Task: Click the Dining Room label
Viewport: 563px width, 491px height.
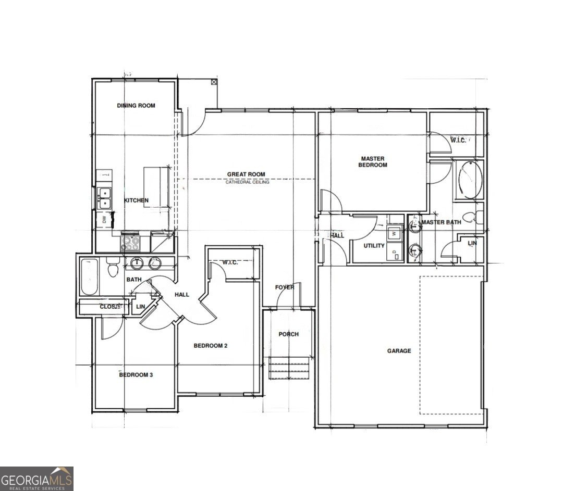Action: tap(136, 106)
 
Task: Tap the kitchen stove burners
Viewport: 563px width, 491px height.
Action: tap(130, 243)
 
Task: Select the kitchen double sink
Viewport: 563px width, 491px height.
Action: tap(105, 198)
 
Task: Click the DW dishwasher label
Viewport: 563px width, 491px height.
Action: tap(104, 220)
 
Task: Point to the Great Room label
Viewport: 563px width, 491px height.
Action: tap(246, 174)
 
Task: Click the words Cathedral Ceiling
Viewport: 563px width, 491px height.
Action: tap(247, 182)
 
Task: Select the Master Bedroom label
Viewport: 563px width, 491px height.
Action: tap(373, 161)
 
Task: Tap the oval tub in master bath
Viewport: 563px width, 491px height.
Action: tap(470, 180)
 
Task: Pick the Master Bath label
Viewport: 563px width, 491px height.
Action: tap(441, 222)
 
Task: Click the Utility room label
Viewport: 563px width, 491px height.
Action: tap(374, 246)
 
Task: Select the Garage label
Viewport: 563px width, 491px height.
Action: tap(399, 351)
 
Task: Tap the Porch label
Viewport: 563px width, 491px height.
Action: tap(288, 334)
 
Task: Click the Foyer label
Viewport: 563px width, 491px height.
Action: tap(285, 287)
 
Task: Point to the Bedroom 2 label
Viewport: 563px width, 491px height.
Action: tap(211, 346)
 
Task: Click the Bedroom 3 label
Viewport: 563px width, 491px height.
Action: tap(136, 375)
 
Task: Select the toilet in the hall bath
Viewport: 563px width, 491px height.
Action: tap(112, 269)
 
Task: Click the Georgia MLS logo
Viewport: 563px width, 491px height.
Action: tap(36, 479)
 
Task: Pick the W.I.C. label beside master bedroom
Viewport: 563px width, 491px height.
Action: tap(458, 140)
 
